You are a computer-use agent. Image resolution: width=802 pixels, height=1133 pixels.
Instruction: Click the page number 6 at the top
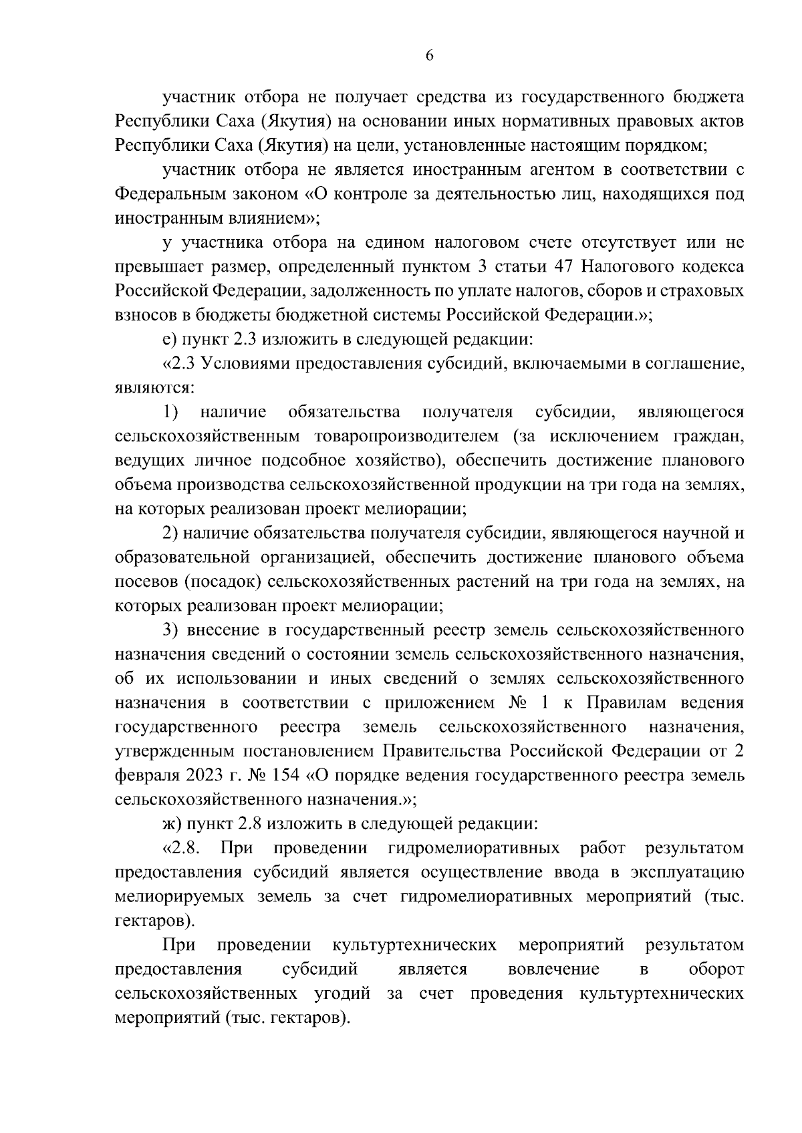click(x=430, y=57)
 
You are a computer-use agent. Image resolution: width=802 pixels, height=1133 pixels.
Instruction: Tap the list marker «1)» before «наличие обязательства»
click(x=170, y=412)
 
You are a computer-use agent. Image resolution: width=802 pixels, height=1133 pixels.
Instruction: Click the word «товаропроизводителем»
click(x=407, y=436)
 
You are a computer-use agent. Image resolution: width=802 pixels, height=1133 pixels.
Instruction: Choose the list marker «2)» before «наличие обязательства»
click(x=170, y=533)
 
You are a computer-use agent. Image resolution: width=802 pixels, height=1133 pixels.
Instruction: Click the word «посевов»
click(x=144, y=582)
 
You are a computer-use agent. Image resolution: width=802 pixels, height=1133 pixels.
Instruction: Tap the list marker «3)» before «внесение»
click(x=170, y=630)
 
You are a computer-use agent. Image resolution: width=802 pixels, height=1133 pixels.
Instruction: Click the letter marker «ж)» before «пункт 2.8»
click(x=171, y=823)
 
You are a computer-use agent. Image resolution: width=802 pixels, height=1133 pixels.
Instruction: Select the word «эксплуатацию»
click(x=694, y=872)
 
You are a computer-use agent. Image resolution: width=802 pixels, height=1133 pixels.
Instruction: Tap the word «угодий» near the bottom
click(x=342, y=993)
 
